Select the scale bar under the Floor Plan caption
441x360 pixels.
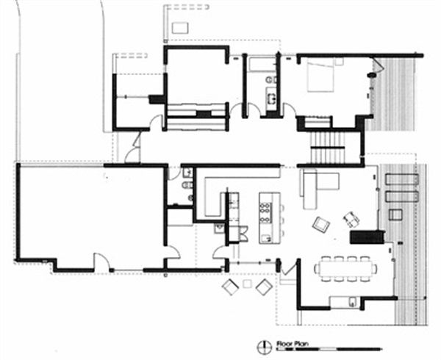click(323, 348)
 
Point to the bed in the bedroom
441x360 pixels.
click(320, 74)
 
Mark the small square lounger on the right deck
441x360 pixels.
click(395, 215)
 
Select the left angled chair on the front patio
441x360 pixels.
click(229, 287)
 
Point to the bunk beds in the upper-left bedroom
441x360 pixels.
click(194, 115)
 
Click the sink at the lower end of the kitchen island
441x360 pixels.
click(265, 237)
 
